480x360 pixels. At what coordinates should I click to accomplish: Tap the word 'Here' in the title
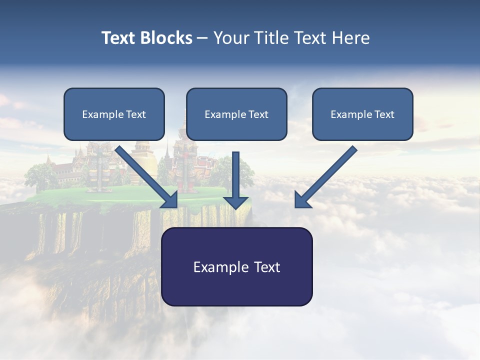352,38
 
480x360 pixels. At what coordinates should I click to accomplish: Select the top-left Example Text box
114,114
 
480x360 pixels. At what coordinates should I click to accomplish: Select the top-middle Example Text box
236,114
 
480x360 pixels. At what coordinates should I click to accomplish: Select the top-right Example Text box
362,114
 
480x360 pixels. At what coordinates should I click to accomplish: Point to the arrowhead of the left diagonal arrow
170,200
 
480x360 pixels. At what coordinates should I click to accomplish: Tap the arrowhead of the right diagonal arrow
302,200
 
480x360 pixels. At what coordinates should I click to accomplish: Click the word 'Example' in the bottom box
214,267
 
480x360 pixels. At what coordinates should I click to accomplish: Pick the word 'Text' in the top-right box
384,114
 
